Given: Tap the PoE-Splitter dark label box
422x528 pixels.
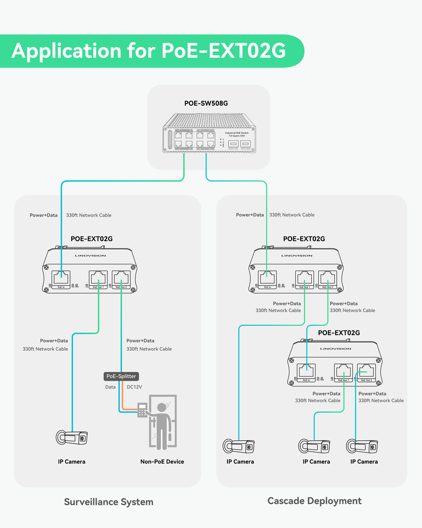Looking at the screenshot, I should pyautogui.click(x=121, y=376).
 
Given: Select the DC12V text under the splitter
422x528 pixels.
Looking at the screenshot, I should pyautogui.click(x=135, y=387).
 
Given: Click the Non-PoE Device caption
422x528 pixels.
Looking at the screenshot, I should pyautogui.click(x=162, y=461).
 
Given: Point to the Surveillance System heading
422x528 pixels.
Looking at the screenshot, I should pyautogui.click(x=109, y=502).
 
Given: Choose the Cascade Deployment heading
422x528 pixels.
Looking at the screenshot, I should pyautogui.click(x=314, y=501).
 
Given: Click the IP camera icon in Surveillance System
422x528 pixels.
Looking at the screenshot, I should pyautogui.click(x=72, y=437).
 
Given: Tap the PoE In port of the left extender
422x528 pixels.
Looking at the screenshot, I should pyautogui.click(x=61, y=277).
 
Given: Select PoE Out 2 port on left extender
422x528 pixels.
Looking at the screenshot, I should pyautogui.click(x=121, y=277).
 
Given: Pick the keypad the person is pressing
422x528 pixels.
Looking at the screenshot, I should pyautogui.click(x=142, y=410).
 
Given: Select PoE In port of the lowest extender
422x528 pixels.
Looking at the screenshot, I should pyautogui.click(x=306, y=371).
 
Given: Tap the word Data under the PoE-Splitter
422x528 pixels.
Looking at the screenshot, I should pyautogui.click(x=111, y=387).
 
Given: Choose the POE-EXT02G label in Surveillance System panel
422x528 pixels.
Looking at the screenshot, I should pyautogui.click(x=92, y=239).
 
